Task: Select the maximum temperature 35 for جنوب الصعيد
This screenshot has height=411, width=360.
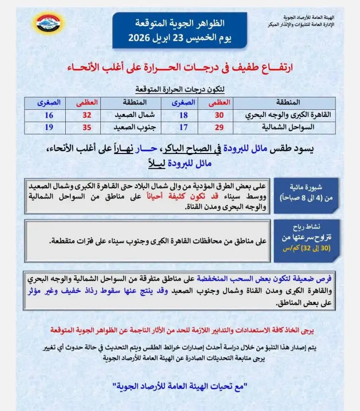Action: pyautogui.click(x=87, y=128)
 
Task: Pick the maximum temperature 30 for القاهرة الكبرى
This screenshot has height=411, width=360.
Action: pyautogui.click(x=219, y=115)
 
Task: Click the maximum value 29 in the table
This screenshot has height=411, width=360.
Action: pyautogui.click(x=219, y=128)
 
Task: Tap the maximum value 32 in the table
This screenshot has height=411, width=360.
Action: pyautogui.click(x=87, y=115)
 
